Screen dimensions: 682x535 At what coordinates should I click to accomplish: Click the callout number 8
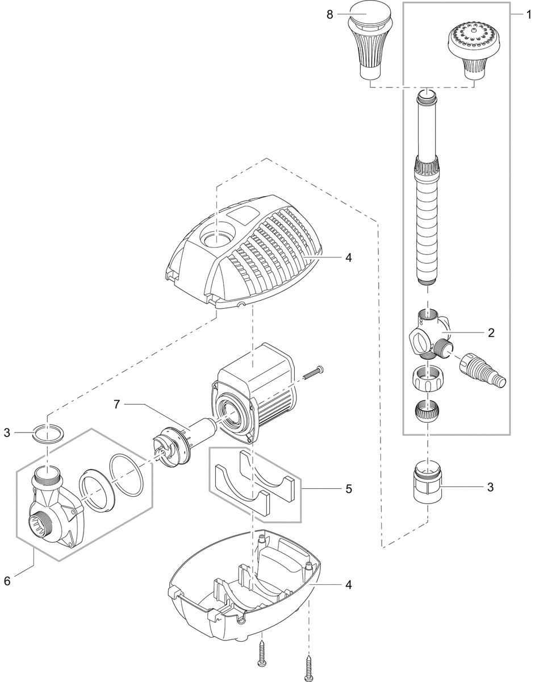coord(329,14)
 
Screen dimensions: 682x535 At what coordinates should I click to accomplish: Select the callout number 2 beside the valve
coord(490,333)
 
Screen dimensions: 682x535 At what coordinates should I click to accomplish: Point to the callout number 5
coord(349,488)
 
